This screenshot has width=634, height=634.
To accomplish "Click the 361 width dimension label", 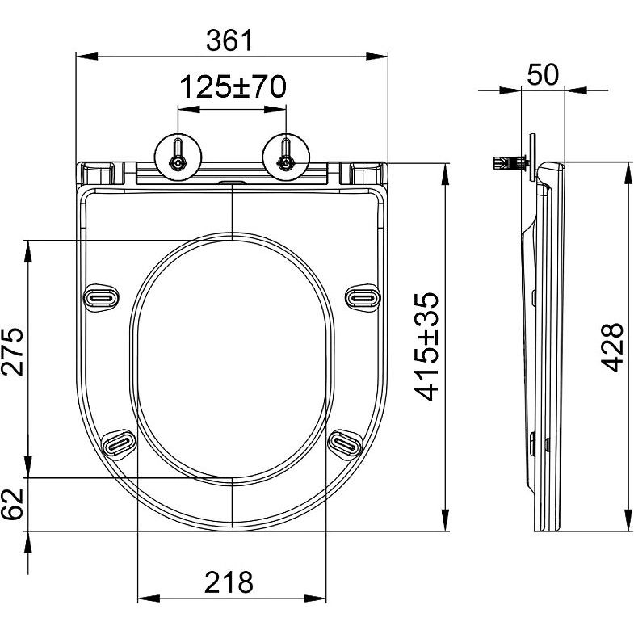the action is coord(229,40).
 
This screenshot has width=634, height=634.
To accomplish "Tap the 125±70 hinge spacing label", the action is coord(233,87).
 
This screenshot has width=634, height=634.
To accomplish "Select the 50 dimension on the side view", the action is coord(543,75).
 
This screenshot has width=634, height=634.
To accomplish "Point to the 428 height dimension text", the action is coord(611,347).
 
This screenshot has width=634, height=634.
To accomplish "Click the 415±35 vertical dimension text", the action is coord(426,346).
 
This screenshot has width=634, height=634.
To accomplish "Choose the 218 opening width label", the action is coord(229,582).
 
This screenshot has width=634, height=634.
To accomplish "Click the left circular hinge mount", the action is coord(178,157).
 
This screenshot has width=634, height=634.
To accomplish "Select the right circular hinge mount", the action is coord(286,157).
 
